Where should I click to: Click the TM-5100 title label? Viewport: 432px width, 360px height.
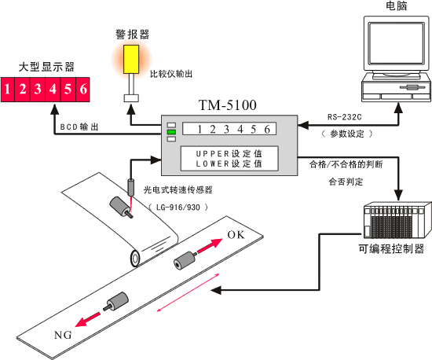click(x=228, y=105)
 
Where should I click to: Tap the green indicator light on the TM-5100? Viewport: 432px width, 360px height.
click(x=171, y=132)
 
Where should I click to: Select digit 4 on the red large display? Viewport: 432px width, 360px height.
click(x=53, y=90)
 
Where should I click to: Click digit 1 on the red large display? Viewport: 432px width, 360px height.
click(x=7, y=90)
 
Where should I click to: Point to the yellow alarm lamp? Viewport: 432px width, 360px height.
click(x=131, y=59)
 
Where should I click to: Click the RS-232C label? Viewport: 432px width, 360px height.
click(x=344, y=117)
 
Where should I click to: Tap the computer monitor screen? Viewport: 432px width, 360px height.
click(x=396, y=43)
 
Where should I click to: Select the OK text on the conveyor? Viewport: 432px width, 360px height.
click(x=236, y=235)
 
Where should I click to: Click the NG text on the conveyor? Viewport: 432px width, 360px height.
click(x=63, y=335)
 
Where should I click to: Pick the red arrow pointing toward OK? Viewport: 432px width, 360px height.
click(x=210, y=245)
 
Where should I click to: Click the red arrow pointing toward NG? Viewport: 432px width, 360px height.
click(x=88, y=319)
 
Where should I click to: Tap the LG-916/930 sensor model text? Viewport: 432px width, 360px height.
click(x=178, y=208)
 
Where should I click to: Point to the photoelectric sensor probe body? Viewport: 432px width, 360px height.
click(x=131, y=187)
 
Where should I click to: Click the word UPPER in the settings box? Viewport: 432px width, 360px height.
click(x=212, y=154)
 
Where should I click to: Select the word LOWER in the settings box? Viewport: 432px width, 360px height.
click(x=212, y=163)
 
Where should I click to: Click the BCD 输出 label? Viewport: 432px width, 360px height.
click(x=79, y=127)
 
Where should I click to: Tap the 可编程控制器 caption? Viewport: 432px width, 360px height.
click(x=391, y=249)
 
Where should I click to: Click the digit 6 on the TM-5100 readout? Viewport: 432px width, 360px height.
click(x=267, y=129)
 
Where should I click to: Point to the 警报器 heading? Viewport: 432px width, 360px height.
click(x=133, y=35)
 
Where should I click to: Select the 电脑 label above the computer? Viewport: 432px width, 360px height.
click(x=396, y=6)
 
